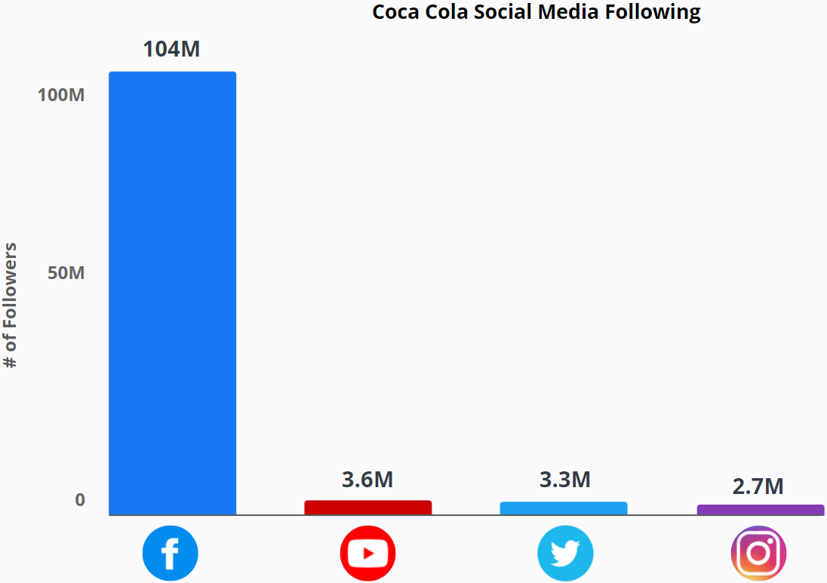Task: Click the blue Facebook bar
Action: [172, 293]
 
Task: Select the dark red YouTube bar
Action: [367, 508]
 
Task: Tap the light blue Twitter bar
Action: [563, 508]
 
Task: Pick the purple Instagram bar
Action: [760, 510]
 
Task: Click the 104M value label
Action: [171, 50]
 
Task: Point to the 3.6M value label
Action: [367, 480]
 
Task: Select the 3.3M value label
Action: [564, 479]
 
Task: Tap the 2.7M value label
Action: [758, 486]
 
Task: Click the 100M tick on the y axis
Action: [61, 96]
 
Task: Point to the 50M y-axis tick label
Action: [66, 272]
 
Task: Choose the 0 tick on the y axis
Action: [80, 500]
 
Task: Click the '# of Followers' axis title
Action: [11, 305]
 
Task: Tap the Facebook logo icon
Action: [170, 554]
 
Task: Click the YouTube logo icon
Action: [367, 554]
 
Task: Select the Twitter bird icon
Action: [565, 554]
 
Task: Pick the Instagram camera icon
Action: [758, 554]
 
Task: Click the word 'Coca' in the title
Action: [396, 12]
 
